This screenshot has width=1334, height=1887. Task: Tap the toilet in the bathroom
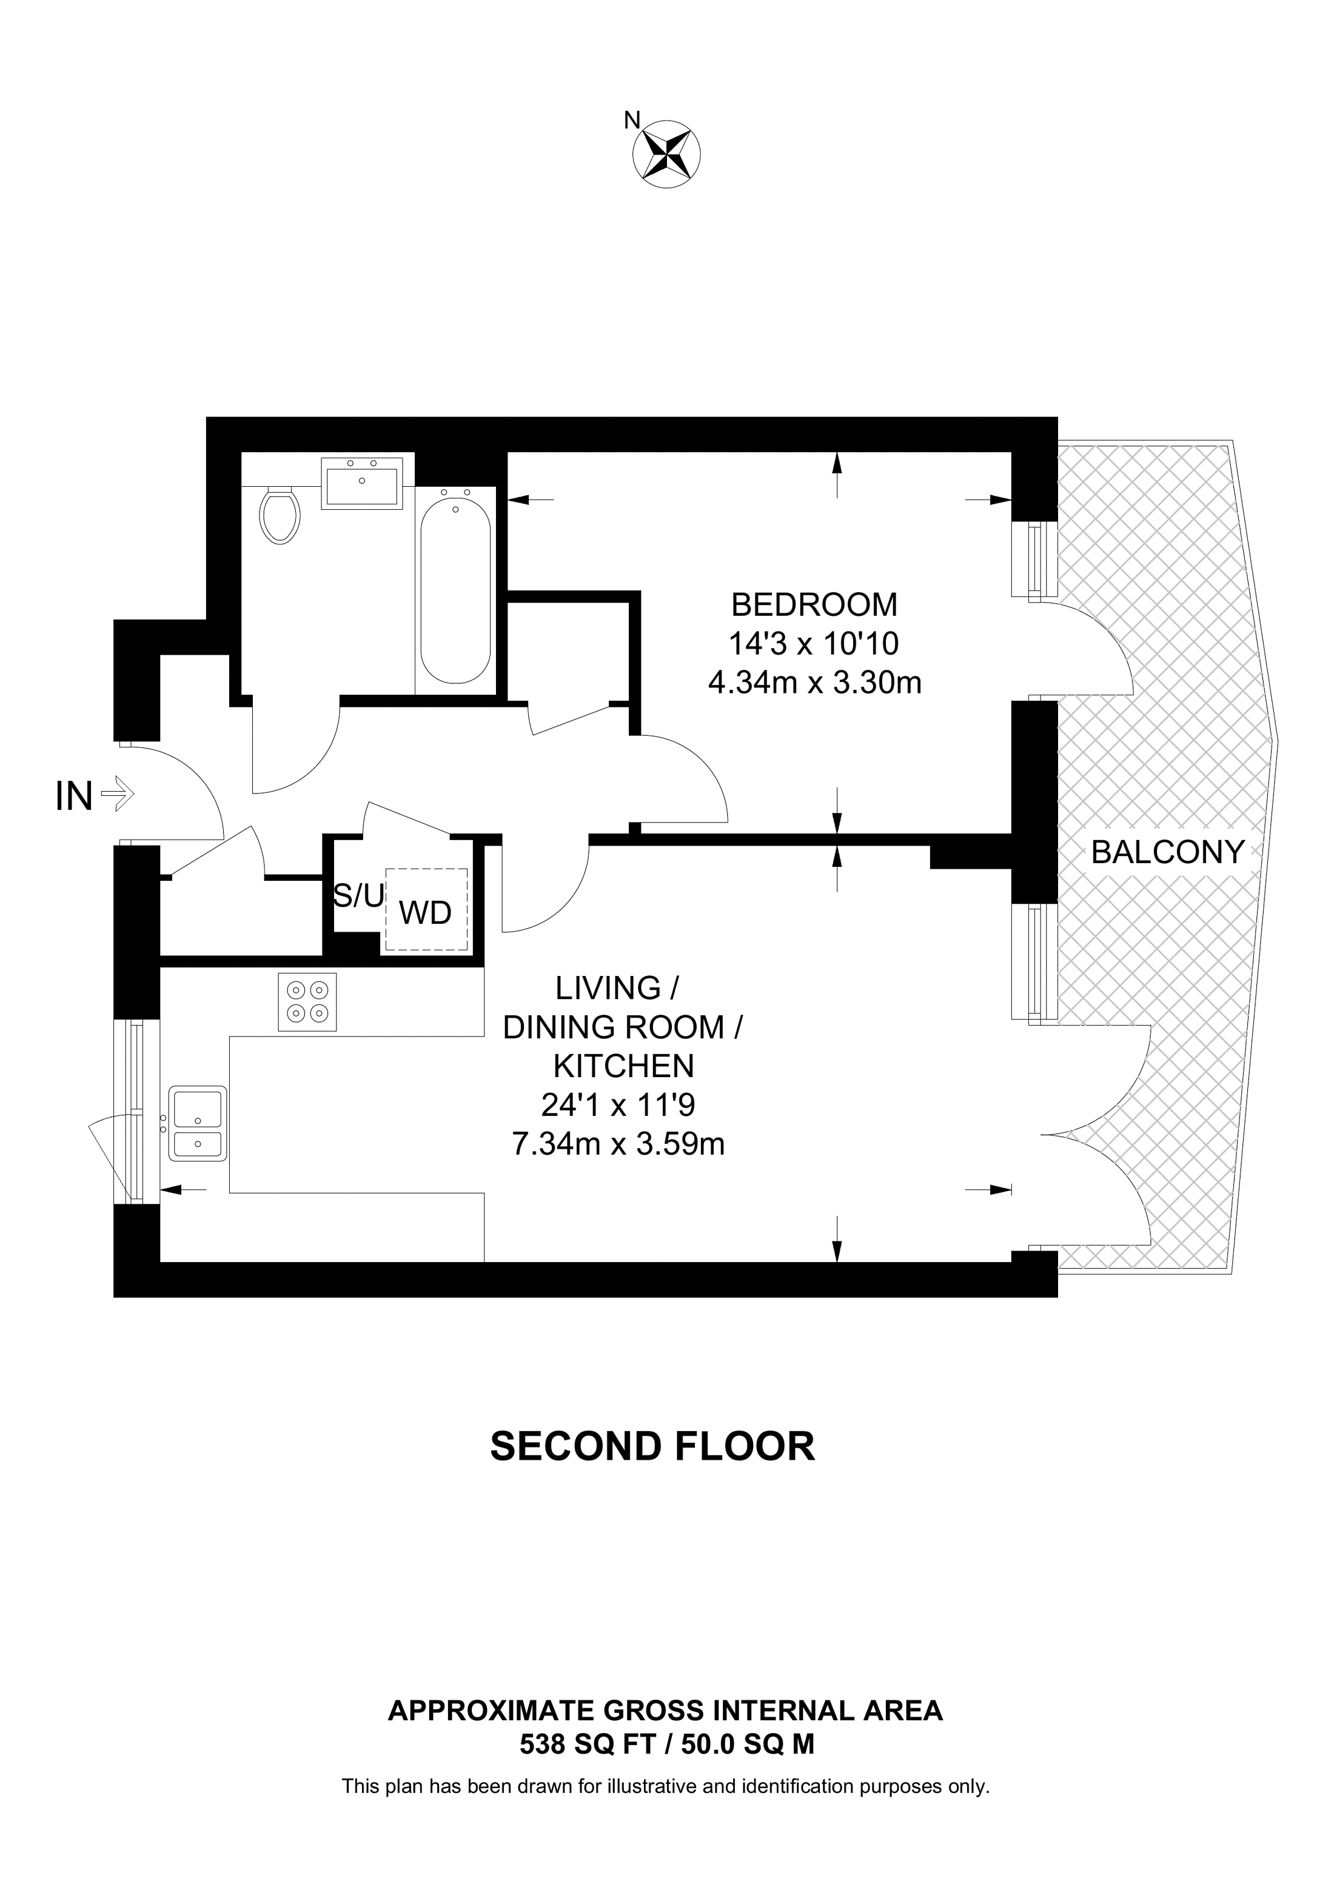pos(280,515)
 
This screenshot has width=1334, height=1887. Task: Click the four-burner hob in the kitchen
pos(307,1002)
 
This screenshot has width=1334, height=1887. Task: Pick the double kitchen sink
pos(197,1123)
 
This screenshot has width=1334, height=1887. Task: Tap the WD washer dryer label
pos(425,912)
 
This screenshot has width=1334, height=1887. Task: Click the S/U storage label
pos(358,897)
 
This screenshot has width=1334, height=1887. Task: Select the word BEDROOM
pos(814,605)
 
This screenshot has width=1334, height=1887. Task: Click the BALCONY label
pos(1167,852)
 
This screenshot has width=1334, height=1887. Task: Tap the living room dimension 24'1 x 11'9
pos(618,1106)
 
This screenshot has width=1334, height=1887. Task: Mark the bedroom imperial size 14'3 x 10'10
pos(814,644)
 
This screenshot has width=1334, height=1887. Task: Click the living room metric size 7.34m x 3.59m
pos(618,1144)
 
